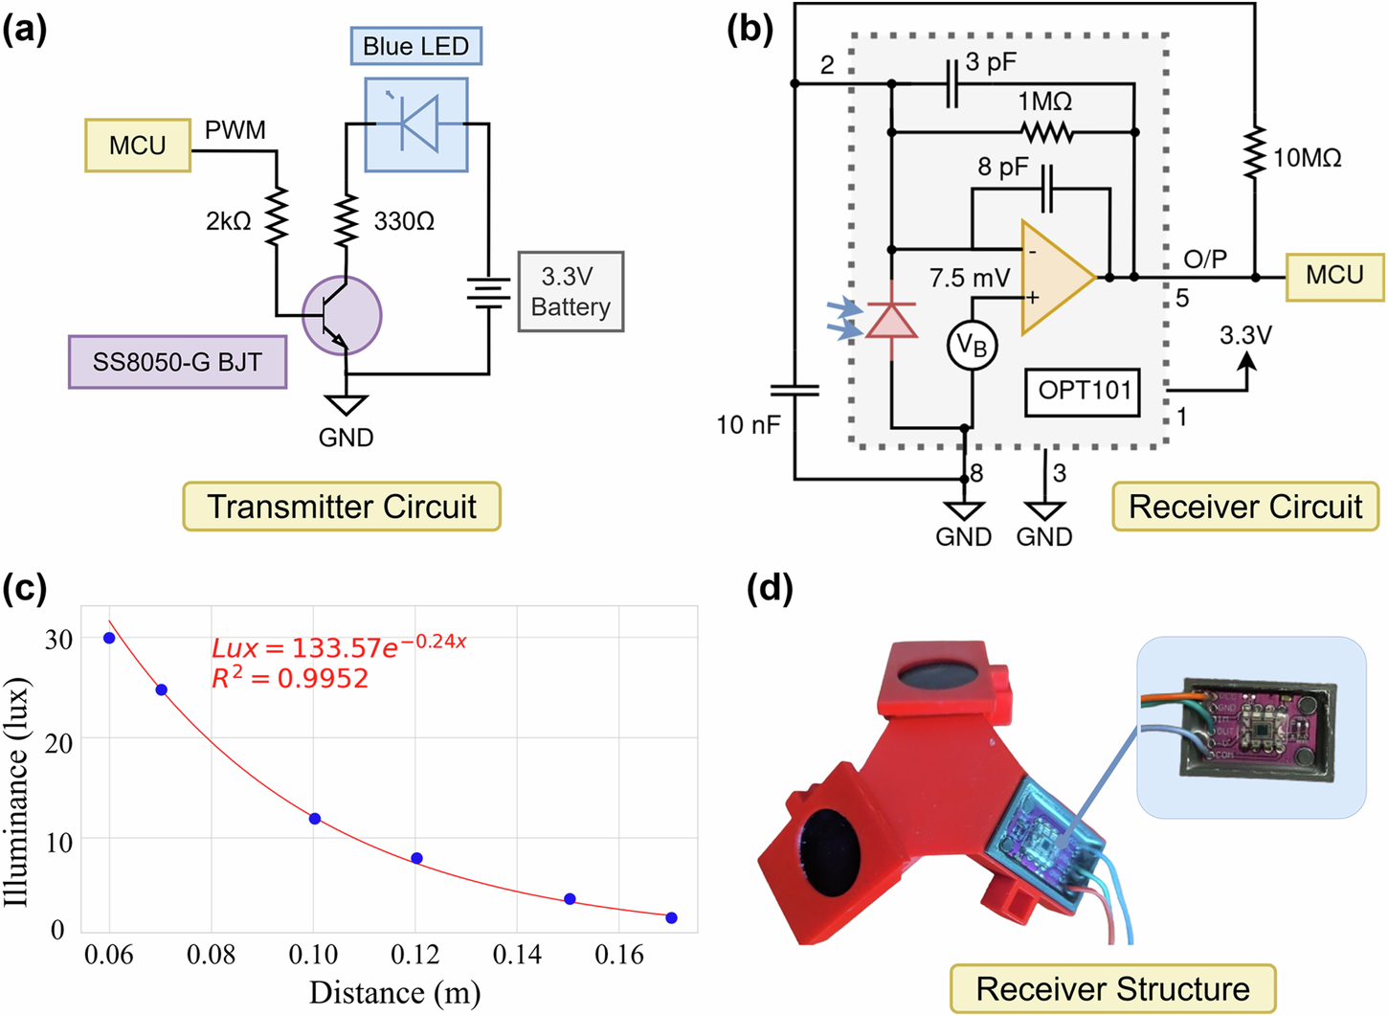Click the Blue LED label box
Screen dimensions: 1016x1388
tap(415, 46)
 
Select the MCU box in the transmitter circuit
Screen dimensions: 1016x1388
tap(137, 146)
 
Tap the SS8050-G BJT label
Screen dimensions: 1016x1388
tap(177, 362)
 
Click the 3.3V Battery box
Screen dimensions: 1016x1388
tap(571, 292)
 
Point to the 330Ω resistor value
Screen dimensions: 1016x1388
tap(404, 222)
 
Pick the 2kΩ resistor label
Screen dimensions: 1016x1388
tap(228, 222)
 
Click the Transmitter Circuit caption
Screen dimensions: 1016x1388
tap(342, 507)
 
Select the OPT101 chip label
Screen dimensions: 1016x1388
tap(1084, 391)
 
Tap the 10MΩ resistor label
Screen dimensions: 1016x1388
tap(1307, 158)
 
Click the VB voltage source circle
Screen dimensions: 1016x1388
tap(972, 346)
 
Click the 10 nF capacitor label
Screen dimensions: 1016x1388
tap(749, 424)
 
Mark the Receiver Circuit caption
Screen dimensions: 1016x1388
tap(1244, 507)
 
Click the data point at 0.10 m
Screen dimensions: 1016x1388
tap(315, 819)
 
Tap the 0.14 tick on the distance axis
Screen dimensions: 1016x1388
tap(517, 956)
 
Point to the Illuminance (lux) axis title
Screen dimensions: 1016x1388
tap(17, 791)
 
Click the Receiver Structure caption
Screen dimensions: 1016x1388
tap(1112, 988)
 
